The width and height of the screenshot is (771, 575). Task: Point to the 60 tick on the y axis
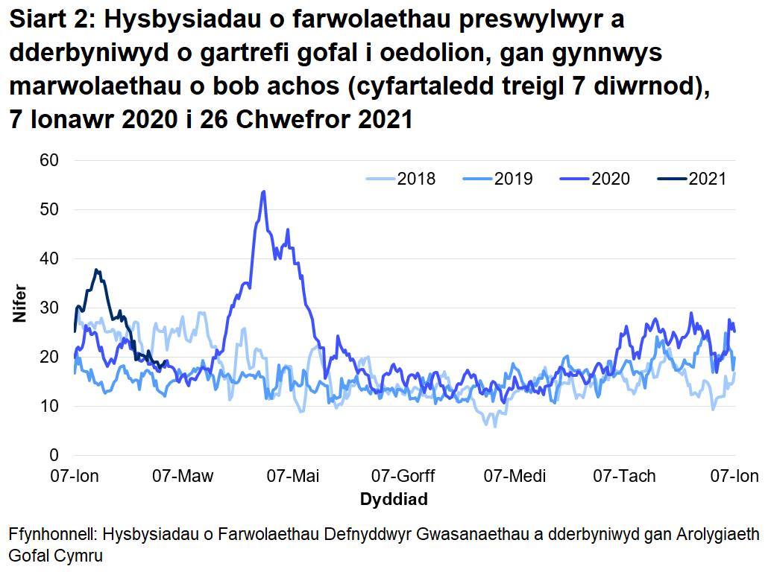point(50,160)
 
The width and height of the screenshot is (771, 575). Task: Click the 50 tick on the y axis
point(50,209)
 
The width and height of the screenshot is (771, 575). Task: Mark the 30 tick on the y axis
point(50,308)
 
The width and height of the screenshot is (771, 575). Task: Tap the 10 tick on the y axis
point(50,406)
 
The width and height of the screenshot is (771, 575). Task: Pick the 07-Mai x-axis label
point(294,475)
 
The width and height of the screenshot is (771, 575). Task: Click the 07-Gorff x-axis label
point(403,475)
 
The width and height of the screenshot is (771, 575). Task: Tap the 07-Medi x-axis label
point(514,475)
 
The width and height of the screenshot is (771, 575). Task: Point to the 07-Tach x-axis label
point(624,475)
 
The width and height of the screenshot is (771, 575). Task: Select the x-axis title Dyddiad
point(394,499)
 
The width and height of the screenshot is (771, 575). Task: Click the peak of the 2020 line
point(263,191)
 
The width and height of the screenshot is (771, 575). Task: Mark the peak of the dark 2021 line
point(96,270)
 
